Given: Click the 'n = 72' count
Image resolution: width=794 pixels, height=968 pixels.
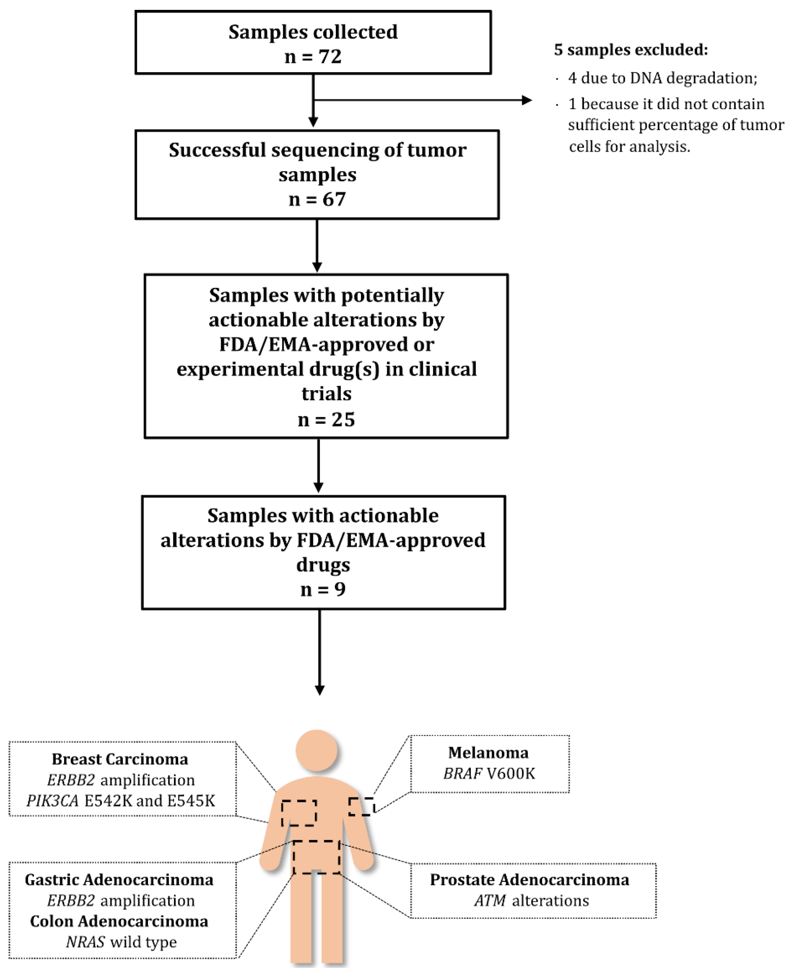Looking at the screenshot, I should [x=313, y=57].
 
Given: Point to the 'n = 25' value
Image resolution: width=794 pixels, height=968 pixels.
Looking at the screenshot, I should [x=326, y=419].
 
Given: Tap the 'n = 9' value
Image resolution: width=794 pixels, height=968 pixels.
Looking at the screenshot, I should [x=323, y=589].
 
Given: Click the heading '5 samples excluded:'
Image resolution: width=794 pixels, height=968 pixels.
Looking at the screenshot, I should [x=631, y=49].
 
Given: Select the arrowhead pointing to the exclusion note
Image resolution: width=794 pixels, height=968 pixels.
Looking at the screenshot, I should [x=527, y=100].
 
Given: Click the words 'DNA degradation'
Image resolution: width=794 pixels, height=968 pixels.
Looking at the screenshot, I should [x=693, y=78].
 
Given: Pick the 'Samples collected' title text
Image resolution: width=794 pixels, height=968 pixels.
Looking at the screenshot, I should [x=313, y=32].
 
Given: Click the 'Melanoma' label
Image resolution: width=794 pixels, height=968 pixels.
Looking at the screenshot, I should [x=488, y=752].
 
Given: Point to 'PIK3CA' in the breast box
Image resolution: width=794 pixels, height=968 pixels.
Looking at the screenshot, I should [x=52, y=800].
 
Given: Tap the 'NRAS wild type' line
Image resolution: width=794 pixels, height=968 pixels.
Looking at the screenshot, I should [x=121, y=941].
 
